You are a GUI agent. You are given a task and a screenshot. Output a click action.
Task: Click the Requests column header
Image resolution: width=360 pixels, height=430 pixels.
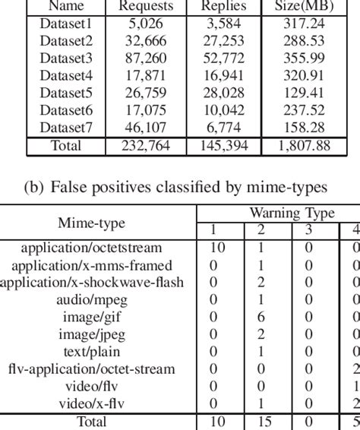(146, 6)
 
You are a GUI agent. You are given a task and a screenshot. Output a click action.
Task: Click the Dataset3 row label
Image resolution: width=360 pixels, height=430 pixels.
(65, 57)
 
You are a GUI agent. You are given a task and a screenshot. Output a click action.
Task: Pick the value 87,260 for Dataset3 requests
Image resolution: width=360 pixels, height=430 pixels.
(146, 57)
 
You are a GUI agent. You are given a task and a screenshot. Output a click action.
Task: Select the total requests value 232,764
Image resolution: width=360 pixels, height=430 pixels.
(146, 145)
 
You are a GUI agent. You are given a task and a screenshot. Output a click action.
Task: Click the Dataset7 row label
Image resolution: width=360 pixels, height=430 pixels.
(65, 127)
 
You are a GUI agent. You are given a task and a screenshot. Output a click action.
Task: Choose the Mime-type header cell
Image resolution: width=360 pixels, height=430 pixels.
(97, 223)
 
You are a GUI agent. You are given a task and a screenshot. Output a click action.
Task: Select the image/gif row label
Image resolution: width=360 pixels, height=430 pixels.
(97, 317)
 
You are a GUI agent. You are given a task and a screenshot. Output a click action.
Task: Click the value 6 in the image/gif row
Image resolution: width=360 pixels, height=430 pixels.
(260, 317)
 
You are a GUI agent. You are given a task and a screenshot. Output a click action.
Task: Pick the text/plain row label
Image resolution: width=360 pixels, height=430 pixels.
(97, 352)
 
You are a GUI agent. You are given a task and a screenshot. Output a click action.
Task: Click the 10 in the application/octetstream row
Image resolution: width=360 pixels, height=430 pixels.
(213, 248)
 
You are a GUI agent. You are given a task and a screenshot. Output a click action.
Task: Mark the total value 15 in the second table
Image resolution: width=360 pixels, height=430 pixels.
(260, 422)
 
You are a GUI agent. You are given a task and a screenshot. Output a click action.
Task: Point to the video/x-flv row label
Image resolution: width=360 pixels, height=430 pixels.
(97, 404)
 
